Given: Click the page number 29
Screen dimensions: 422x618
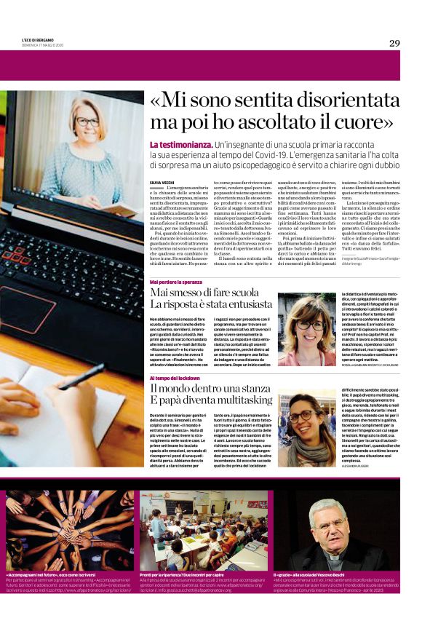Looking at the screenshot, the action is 394,43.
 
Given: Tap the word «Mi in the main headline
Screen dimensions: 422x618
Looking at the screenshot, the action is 168,100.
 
